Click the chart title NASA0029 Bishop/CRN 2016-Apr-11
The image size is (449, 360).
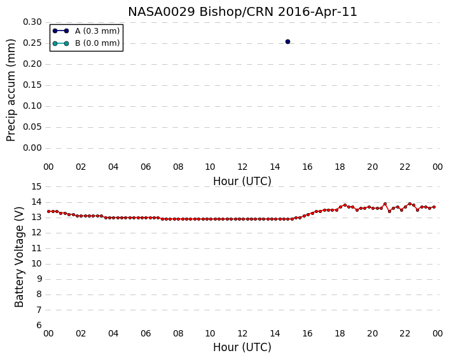pos(242,12)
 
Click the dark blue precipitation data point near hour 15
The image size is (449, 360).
pos(288,42)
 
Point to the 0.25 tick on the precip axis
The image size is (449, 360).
pos(32,43)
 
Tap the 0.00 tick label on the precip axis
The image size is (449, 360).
pos(32,148)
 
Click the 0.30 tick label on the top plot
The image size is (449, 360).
pos(32,22)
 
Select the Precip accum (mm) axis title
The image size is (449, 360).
pos(11,90)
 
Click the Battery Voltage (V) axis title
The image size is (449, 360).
pos(19,257)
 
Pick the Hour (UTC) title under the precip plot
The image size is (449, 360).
pos(242,181)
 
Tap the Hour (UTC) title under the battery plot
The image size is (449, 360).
pos(242,347)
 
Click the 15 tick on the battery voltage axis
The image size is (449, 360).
pos(36,187)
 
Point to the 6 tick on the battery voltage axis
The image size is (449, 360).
pos(39,326)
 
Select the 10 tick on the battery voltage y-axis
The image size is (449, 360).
pos(36,264)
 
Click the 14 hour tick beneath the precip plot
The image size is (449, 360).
pos(275,167)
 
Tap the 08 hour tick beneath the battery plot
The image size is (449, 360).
pos(178,334)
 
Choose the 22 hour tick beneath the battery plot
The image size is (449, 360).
pos(405,334)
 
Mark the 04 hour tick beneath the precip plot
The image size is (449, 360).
pos(113,167)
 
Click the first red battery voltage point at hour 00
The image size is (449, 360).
pos(49,211)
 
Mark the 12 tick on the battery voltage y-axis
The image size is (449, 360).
pos(36,233)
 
